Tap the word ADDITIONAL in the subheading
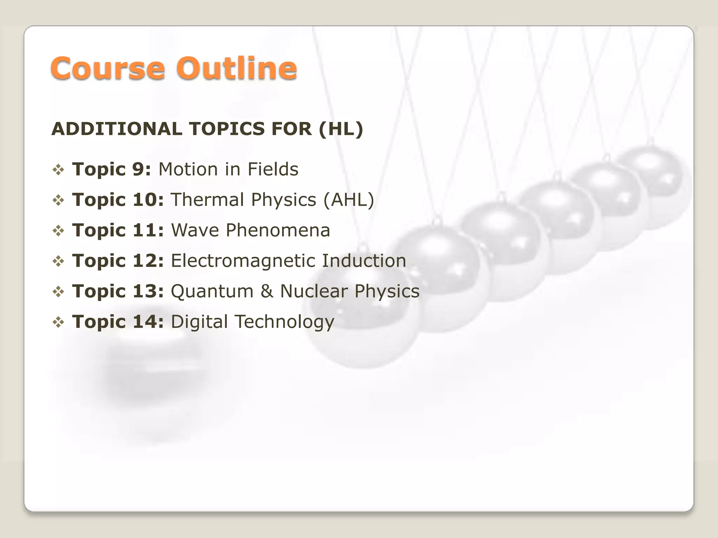coord(117,129)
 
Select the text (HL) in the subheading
coord(341,129)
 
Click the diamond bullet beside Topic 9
coord(58,170)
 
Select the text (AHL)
coord(348,200)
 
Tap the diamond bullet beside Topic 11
coord(58,231)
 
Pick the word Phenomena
coord(278,230)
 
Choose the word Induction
coord(364,261)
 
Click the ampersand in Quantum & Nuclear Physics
coord(267,291)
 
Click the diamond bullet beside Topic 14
coord(58,322)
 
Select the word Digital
coord(199,322)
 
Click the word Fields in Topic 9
coord(273,170)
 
